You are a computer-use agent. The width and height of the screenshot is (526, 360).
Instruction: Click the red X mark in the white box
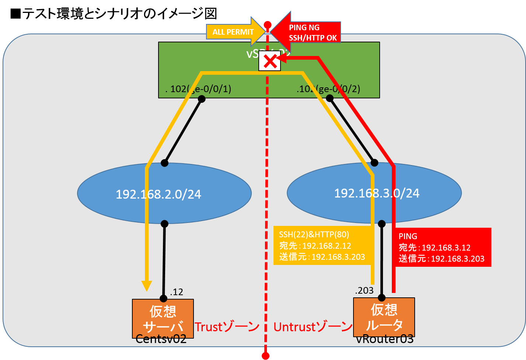coord(270,62)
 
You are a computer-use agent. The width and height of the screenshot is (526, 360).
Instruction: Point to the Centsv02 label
coord(161,339)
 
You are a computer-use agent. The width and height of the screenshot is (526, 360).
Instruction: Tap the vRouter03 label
coord(384,339)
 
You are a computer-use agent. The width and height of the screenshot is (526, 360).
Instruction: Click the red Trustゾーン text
coord(227,327)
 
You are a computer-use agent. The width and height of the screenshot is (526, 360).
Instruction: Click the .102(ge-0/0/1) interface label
coord(198,89)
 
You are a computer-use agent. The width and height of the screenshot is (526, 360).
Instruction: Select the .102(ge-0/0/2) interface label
coord(328,89)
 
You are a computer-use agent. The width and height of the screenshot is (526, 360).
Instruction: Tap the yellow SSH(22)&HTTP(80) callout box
coord(321,245)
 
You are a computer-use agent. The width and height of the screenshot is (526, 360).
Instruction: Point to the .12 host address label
coord(177,292)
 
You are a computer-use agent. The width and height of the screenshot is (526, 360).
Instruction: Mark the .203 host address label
coord(364,291)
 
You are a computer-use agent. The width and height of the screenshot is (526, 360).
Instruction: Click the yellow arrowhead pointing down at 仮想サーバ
coord(147,286)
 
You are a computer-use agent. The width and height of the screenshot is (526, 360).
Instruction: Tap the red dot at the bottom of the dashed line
coord(265,356)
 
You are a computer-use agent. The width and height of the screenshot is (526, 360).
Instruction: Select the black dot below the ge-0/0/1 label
coord(201,99)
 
